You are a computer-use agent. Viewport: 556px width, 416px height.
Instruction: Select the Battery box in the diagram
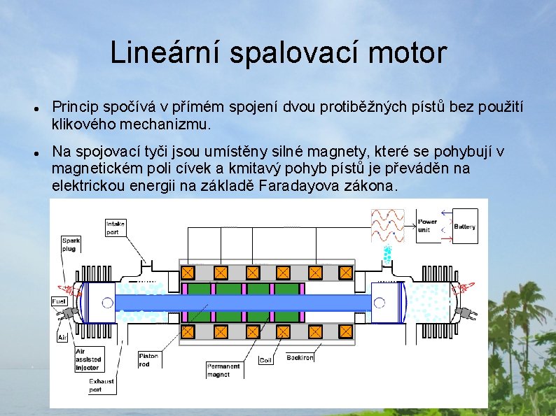coord(465,227)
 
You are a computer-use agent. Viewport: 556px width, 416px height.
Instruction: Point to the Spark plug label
coord(71,244)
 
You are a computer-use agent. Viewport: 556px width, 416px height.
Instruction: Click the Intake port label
coord(115,228)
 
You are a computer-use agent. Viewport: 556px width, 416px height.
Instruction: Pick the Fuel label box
coord(60,301)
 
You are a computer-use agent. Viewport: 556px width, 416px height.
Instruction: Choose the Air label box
coord(62,337)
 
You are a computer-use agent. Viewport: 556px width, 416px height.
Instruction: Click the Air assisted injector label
coord(88,359)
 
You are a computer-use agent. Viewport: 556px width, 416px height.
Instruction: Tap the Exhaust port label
coord(101,385)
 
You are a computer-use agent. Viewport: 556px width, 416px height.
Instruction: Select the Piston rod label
coord(148,359)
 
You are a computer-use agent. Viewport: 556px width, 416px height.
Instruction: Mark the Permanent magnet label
coord(223,370)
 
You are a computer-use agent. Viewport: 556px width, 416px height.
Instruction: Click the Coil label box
coord(265,361)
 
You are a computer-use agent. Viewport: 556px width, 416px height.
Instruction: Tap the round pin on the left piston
coord(107,303)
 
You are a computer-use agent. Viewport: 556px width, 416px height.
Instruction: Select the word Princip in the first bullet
coord(76,107)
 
